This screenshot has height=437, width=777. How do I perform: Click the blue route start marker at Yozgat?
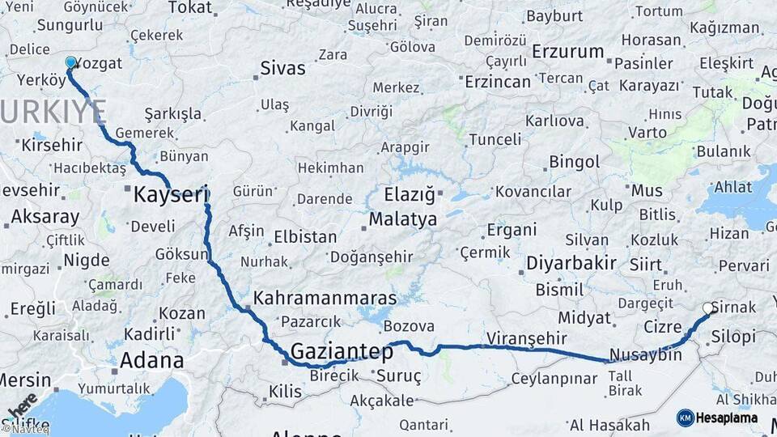[70, 62]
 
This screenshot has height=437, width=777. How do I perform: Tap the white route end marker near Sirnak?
[708, 308]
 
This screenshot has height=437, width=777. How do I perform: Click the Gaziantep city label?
[341, 352]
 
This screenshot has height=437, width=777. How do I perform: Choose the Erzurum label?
[568, 52]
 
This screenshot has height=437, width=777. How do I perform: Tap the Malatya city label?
[402, 219]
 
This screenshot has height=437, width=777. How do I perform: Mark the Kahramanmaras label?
[325, 298]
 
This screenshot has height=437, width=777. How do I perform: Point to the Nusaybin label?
[646, 354]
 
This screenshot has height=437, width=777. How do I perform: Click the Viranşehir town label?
[526, 337]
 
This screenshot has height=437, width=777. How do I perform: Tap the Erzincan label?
[498, 81]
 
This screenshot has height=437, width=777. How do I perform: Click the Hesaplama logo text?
[728, 418]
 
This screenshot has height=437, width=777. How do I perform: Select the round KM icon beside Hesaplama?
[685, 418]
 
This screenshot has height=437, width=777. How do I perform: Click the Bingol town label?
[574, 162]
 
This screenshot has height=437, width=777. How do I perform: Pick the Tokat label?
[189, 8]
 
